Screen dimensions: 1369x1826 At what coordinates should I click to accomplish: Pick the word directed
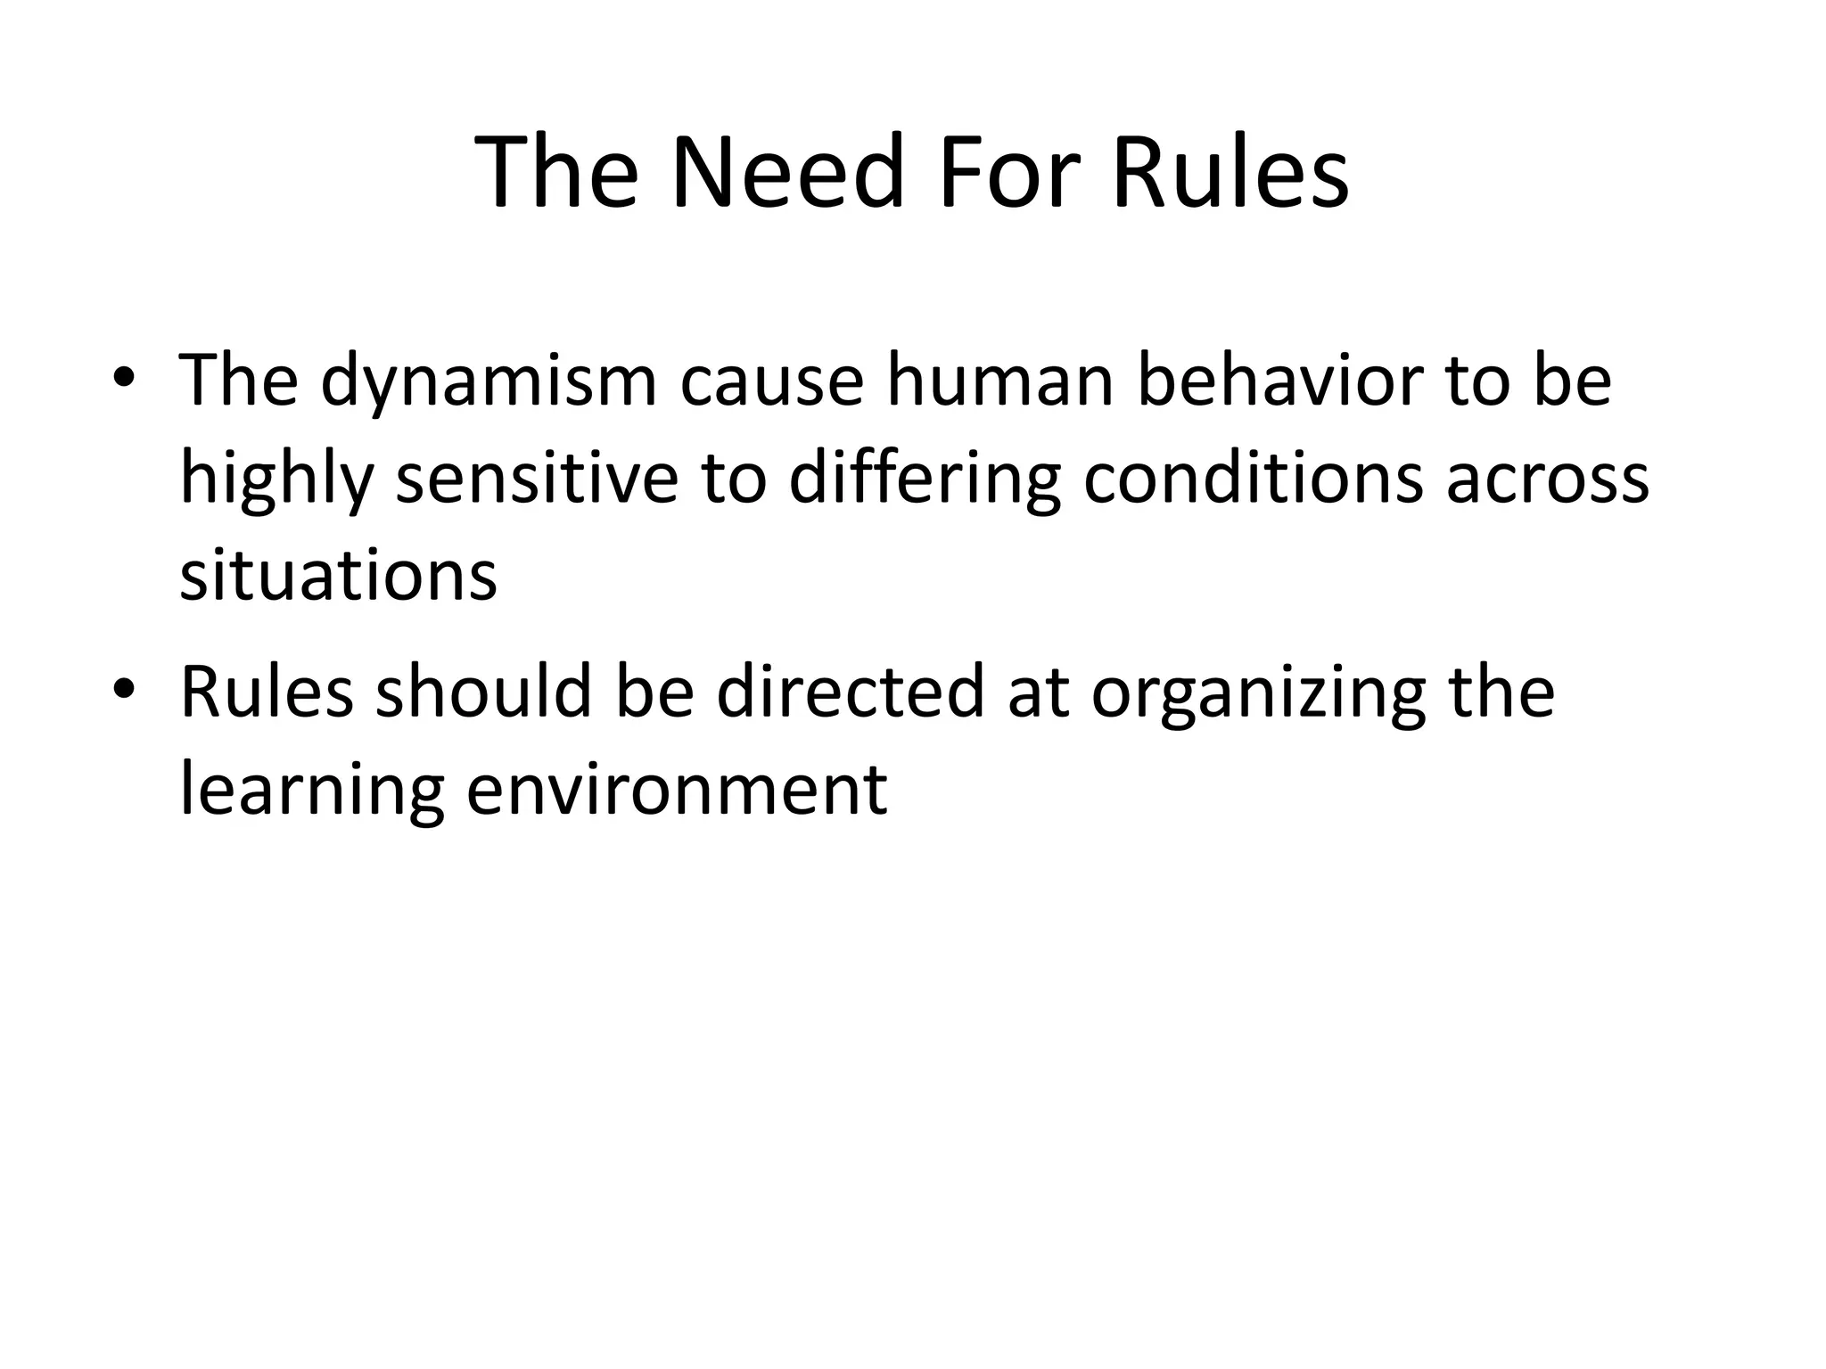(x=851, y=692)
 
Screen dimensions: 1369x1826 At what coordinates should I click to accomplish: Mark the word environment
(x=677, y=790)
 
